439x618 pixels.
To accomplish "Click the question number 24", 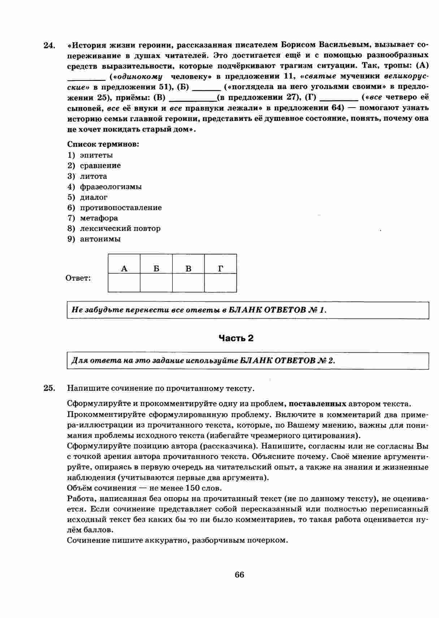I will click(49, 45).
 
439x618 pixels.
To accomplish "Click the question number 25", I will click(49, 388).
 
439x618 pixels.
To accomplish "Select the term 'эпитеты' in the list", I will click(96, 155).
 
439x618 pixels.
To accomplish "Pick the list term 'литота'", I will click(93, 176).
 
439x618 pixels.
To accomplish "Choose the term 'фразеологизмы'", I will click(110, 187).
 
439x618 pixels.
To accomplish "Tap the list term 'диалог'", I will click(94, 197).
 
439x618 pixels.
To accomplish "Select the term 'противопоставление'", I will click(121, 208).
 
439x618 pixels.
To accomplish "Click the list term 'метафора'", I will click(99, 218).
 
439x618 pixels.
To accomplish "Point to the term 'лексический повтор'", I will click(120, 229).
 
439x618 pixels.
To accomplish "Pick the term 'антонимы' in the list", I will click(100, 239).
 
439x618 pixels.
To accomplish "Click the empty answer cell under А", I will click(124, 283).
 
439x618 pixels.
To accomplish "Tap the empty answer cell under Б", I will click(156, 283).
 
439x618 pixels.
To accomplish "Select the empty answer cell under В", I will click(188, 283).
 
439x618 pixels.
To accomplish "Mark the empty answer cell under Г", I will click(221, 283).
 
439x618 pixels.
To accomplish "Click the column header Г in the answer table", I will click(221, 268).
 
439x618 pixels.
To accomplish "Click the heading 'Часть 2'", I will click(236, 338).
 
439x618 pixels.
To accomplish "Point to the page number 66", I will click(239, 575).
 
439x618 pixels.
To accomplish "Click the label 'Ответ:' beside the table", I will click(78, 278).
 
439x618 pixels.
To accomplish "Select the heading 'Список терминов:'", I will click(103, 144).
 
